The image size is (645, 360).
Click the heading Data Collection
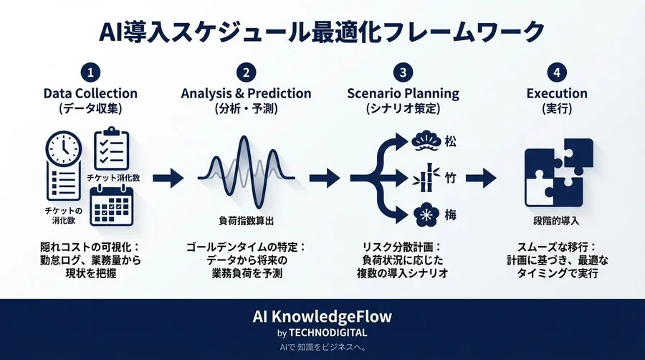[x=90, y=94]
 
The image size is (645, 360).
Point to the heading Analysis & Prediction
[x=246, y=94]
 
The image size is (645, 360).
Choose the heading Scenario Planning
[x=403, y=94]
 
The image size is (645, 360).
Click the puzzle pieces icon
[x=558, y=173]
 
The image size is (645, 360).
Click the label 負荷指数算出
[x=246, y=220]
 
